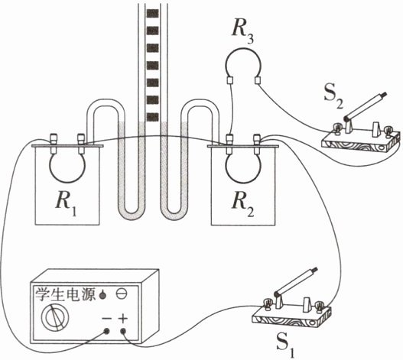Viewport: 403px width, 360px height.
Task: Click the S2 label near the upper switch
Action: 333,97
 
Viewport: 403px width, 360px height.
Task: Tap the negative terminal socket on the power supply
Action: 106,331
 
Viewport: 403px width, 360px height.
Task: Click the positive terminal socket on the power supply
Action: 123,331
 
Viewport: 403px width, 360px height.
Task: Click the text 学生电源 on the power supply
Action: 65,294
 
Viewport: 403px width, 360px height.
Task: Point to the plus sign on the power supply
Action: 123,319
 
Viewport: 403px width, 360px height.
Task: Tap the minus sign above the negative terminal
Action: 106,319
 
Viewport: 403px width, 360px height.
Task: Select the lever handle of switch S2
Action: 366,106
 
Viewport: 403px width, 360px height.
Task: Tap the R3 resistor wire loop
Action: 243,48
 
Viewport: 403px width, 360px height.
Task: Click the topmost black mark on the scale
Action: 152,13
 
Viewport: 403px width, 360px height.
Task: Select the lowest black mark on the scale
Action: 152,117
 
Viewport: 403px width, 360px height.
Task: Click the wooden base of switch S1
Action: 291,317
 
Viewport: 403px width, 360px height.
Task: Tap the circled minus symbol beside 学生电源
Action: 122,294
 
